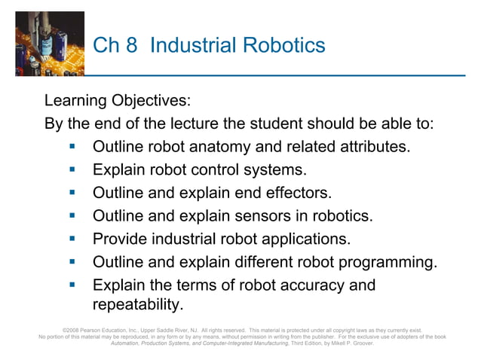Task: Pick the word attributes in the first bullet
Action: pos(370,146)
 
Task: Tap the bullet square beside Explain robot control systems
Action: pos(73,169)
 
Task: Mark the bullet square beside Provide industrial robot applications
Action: pos(73,239)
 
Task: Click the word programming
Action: pos(389,263)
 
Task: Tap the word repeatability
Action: pos(137,305)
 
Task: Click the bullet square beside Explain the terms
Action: pos(73,285)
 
